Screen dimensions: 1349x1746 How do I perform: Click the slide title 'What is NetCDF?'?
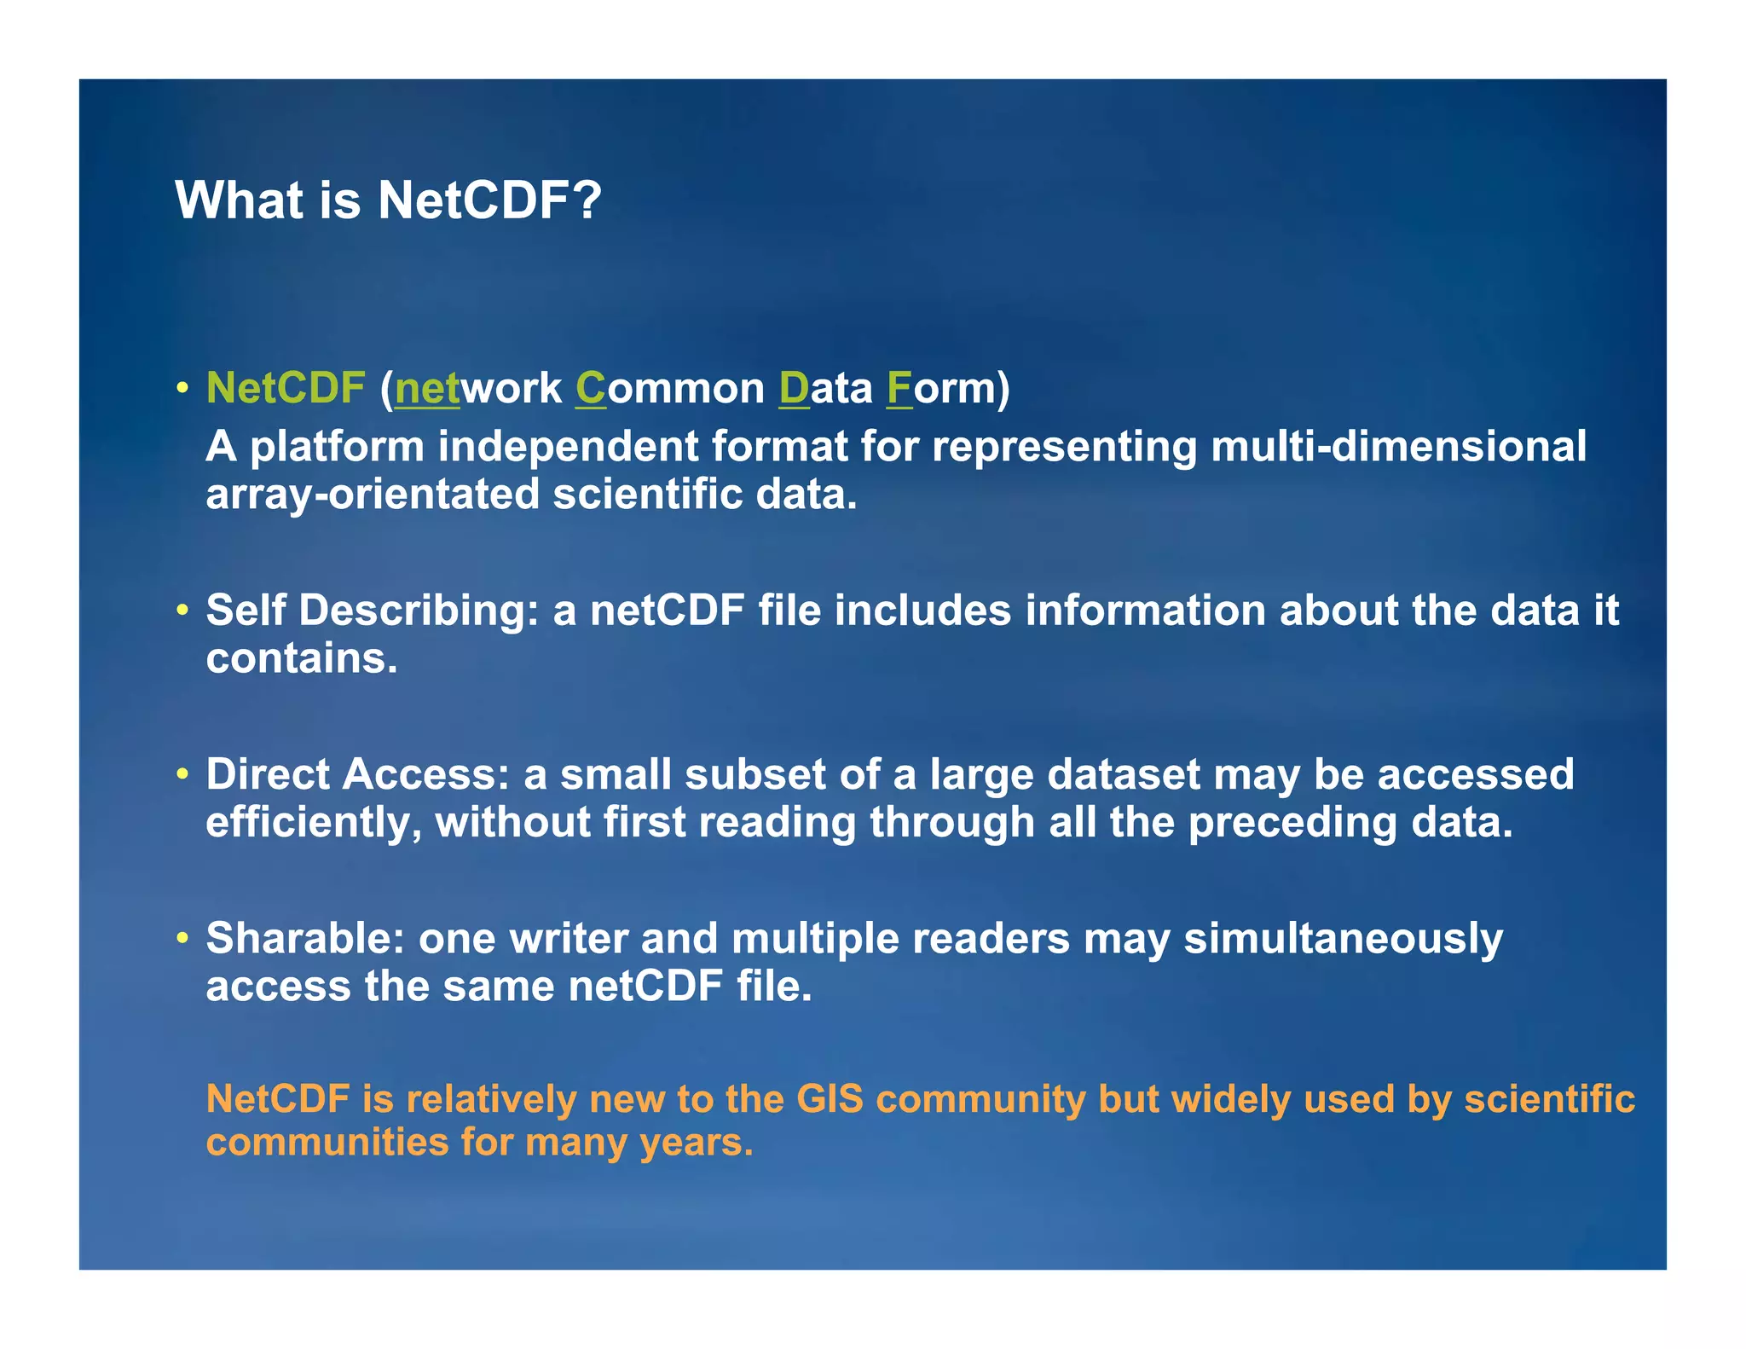(388, 200)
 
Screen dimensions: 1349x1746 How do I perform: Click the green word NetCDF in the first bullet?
(286, 388)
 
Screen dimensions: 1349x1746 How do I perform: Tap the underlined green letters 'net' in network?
(427, 388)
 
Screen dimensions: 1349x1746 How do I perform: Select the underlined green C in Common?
(590, 388)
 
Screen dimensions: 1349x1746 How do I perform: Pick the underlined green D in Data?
(794, 388)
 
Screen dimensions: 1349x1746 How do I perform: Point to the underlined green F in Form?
(899, 388)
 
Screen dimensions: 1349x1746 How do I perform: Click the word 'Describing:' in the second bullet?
(419, 611)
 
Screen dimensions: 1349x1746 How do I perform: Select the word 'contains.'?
(302, 658)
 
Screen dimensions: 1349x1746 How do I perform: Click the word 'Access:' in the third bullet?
(425, 774)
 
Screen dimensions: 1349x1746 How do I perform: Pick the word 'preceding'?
(1292, 823)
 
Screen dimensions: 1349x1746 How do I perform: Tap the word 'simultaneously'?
(1343, 939)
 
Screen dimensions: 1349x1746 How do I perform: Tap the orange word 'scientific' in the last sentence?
(1549, 1099)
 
